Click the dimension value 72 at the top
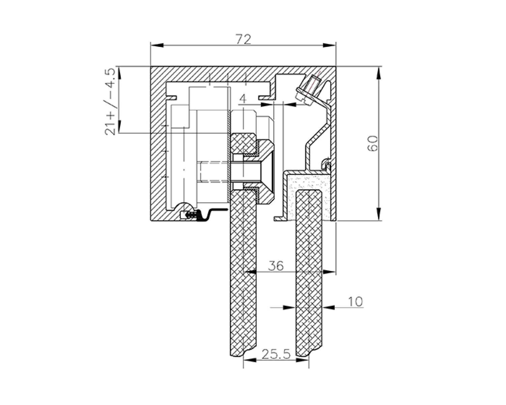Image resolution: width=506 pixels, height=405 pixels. click(x=244, y=39)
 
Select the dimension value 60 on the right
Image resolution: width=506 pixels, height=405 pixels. click(x=372, y=143)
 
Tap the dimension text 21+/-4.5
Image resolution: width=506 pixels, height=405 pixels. click(x=110, y=102)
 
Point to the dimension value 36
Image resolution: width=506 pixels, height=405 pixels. click(x=276, y=266)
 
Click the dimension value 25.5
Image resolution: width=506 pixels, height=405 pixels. click(x=276, y=354)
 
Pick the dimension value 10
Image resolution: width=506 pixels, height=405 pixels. click(x=355, y=302)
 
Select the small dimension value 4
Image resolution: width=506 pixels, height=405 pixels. click(x=243, y=99)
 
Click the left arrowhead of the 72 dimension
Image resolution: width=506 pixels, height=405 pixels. click(x=157, y=45)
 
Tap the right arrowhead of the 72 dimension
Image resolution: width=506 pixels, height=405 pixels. click(x=330, y=45)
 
